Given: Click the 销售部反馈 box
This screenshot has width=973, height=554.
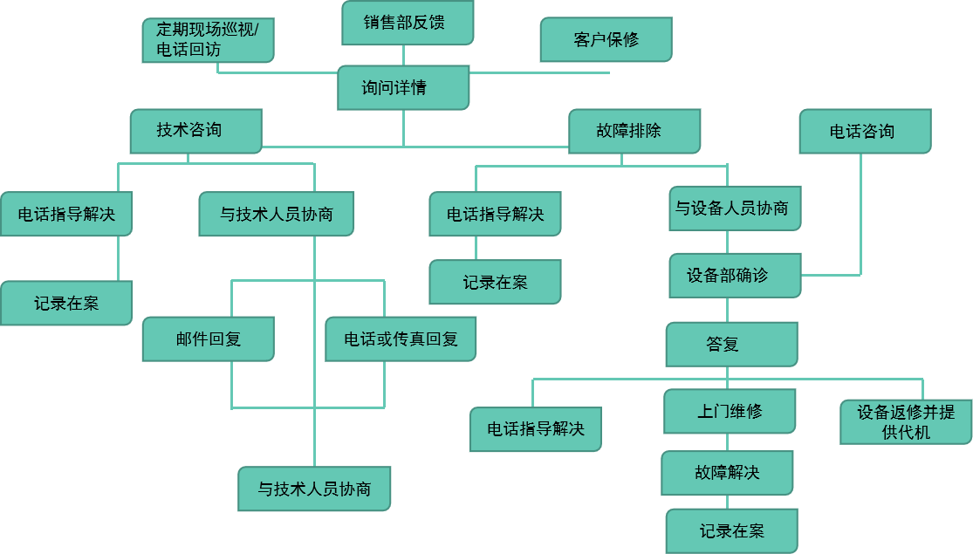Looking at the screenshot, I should (407, 23).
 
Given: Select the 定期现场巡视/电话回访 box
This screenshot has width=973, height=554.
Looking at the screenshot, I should (208, 40).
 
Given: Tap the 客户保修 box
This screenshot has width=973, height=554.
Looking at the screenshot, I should (606, 40).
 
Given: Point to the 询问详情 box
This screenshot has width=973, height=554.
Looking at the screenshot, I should (403, 87).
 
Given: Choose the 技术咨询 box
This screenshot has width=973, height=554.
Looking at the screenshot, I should (195, 131).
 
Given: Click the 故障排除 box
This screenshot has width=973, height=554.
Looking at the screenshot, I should (634, 131).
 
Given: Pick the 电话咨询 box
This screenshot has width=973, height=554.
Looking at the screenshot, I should (865, 131).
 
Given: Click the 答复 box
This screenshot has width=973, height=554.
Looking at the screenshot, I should (731, 344).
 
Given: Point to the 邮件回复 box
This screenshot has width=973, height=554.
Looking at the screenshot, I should (208, 339).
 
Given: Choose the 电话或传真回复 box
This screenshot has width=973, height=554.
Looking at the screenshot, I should (401, 339).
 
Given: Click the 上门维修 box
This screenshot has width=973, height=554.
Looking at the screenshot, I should (730, 411).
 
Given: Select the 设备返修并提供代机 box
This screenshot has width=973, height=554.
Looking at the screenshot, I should (906, 421).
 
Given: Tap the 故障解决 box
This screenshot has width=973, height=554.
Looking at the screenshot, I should (727, 473).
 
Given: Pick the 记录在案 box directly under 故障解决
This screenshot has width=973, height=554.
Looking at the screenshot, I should (731, 530).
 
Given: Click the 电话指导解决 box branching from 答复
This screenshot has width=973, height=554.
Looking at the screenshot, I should (535, 428).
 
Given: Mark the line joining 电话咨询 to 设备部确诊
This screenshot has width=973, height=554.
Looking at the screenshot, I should (860, 218).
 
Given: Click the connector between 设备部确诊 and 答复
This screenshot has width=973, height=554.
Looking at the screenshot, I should (726, 310).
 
